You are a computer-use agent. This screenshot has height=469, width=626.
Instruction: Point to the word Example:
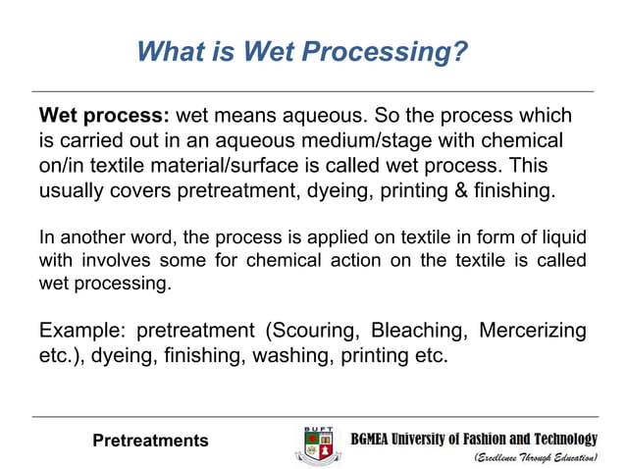coord(79,330)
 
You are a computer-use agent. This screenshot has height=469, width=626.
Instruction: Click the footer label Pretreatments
coord(150,441)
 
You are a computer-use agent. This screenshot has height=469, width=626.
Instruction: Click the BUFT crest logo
coord(318,444)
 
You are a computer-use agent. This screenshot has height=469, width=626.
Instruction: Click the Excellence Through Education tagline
coord(536,458)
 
